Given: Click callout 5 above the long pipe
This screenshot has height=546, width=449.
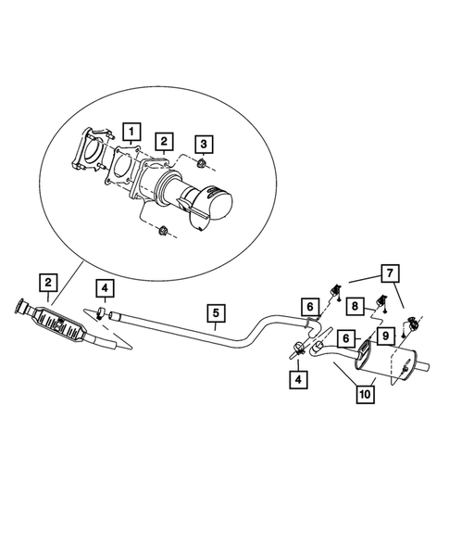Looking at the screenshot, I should [215, 312].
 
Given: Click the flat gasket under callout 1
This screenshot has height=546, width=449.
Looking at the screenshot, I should [123, 173].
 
